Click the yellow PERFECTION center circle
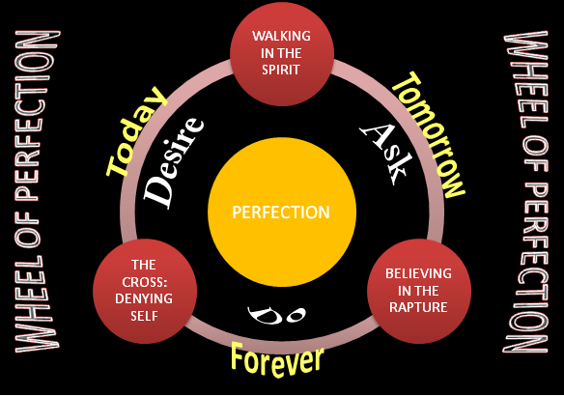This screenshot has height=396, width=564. click(282, 212)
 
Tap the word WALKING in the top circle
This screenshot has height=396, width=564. click(281, 36)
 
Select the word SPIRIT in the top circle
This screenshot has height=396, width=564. click(281, 70)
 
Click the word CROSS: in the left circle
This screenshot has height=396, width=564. click(144, 282)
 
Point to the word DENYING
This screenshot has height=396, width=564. click(144, 298)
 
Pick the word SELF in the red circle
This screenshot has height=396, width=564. click(144, 316)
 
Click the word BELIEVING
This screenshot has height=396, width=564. click(418, 273)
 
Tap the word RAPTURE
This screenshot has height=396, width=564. click(418, 307)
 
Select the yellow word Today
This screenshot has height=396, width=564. click(136, 132)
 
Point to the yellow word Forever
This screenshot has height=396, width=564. click(277, 359)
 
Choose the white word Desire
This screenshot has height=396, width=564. click(174, 162)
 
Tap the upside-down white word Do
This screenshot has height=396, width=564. click(276, 314)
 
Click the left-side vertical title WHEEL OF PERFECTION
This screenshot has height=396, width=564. click(37, 191)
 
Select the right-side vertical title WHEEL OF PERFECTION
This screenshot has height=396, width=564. click(526, 192)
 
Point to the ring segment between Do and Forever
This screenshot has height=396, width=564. click(282, 339)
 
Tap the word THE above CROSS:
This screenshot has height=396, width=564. click(144, 265)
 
